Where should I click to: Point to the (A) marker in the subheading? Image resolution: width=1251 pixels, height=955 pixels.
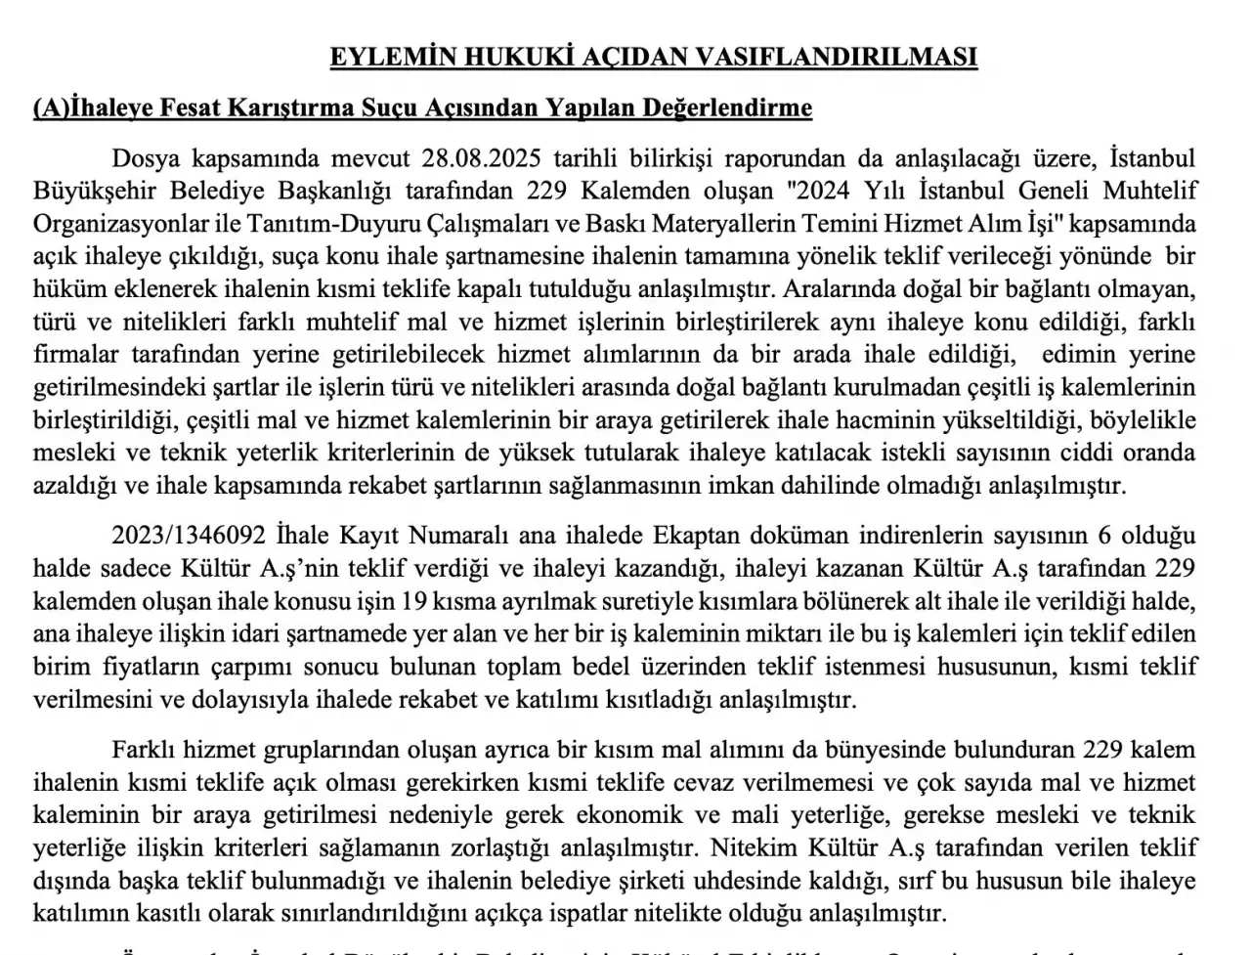coord(51,108)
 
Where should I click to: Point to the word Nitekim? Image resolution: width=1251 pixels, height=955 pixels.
coord(749,848)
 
